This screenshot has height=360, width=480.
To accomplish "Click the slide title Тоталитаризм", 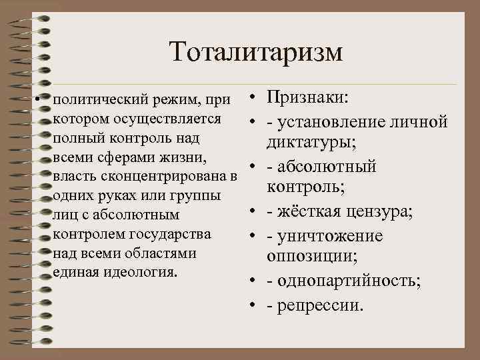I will pos(255,51).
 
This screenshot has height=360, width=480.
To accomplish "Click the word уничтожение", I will pos(329,236).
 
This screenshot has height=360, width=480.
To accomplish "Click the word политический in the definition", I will pos(94,101).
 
